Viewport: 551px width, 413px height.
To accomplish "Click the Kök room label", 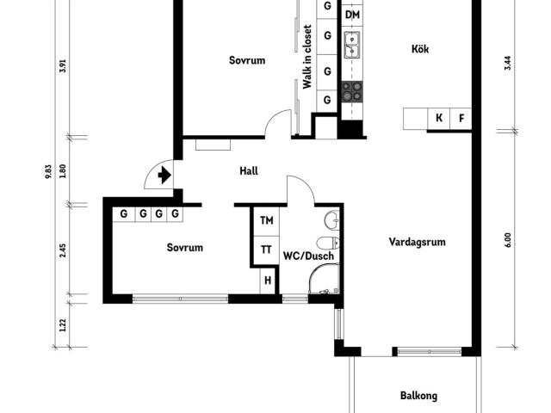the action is tap(420, 49).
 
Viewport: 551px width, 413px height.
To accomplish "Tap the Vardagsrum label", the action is tap(417, 242).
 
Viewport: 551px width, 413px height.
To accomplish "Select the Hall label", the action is tap(249, 171).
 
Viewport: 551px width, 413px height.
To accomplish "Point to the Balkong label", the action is tap(419, 396).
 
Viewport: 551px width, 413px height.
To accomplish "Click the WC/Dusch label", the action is tap(308, 256).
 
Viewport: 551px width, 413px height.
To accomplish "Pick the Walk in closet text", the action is tap(307, 57).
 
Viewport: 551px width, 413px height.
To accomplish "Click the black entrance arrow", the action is tap(164, 176).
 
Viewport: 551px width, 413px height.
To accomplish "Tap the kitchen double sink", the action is tap(352, 44).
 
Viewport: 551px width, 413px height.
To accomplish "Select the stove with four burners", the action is tap(352, 91).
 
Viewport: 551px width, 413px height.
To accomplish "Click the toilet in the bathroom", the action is tap(328, 243).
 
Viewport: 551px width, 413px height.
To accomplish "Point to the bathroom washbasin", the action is tap(331, 220).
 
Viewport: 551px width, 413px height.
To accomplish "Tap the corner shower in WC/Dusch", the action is tap(324, 279).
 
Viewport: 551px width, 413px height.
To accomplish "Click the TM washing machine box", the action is tap(267, 221).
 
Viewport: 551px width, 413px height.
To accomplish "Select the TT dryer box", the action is tap(267, 250).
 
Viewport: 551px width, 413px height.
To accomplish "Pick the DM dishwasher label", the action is tap(352, 15).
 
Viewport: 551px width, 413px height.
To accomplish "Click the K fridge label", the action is tap(439, 118).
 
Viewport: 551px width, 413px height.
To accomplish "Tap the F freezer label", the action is tap(461, 119).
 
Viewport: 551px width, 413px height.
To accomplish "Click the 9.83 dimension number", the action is tap(48, 172).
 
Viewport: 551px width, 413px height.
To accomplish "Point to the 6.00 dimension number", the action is tap(508, 241).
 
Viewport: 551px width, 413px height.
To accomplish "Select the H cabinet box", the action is tap(268, 280).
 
